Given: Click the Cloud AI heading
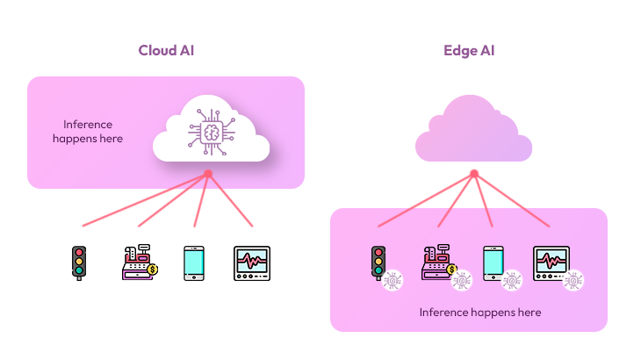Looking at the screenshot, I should pyautogui.click(x=166, y=50).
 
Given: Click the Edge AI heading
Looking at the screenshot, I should pyautogui.click(x=468, y=50).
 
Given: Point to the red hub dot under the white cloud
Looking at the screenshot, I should pyautogui.click(x=208, y=174).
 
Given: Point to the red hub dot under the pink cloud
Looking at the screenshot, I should pyautogui.click(x=473, y=174).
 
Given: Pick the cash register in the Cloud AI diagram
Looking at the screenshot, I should pyautogui.click(x=138, y=263).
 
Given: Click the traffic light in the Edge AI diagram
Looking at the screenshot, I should pyautogui.click(x=378, y=262).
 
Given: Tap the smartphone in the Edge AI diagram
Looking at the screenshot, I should pyautogui.click(x=493, y=263).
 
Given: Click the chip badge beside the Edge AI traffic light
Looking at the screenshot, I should pyautogui.click(x=393, y=279).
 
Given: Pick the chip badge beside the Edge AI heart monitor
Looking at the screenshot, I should pyautogui.click(x=574, y=280).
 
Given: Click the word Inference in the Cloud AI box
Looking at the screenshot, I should pyautogui.click(x=88, y=125).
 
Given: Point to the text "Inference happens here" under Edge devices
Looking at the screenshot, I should pyautogui.click(x=479, y=313).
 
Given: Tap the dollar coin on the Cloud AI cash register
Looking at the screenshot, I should pyautogui.click(x=153, y=270).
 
